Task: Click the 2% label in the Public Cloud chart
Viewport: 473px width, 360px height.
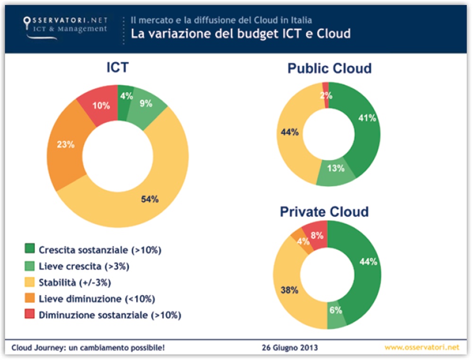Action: [x=326, y=95]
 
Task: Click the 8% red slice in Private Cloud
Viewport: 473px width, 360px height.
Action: [x=317, y=235]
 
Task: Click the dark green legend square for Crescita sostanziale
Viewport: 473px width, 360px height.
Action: [x=29, y=250]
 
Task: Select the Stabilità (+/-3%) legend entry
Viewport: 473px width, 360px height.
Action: [x=75, y=282]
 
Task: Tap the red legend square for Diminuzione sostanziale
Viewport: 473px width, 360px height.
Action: [x=29, y=315]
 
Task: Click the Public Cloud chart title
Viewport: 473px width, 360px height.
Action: [x=329, y=69]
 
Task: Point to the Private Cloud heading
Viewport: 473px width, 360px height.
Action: [x=324, y=211]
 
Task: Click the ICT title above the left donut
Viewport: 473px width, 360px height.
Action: [x=117, y=68]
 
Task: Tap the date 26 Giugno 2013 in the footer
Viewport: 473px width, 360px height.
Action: [x=289, y=348]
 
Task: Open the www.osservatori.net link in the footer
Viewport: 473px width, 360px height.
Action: [x=421, y=348]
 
